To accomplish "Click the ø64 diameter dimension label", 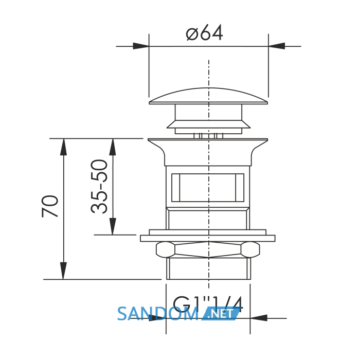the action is click(204, 33).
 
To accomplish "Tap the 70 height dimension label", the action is click(50, 206).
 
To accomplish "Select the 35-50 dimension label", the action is click(99, 186).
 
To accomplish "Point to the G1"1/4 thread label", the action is click(208, 304).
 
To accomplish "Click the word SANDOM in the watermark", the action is click(158, 314).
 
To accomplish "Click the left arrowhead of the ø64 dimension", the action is click(141, 46).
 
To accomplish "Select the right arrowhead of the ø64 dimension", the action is click(277, 46).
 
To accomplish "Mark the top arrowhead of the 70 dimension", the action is click(63, 147).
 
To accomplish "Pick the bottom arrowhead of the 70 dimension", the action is click(63, 271).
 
